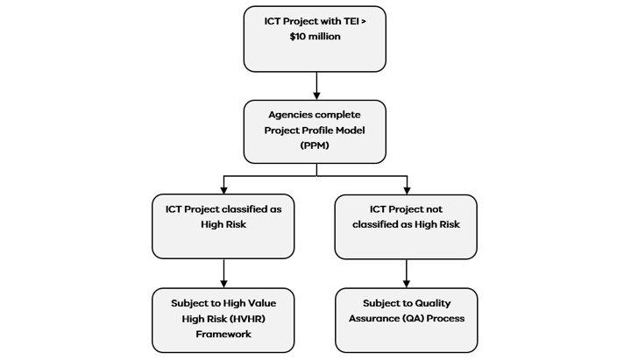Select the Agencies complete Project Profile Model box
point(315,130)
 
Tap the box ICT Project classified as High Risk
point(223,227)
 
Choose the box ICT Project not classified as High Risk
point(406,227)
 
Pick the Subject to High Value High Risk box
point(223,320)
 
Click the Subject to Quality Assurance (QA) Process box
point(406,320)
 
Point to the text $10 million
point(315,37)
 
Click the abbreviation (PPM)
point(315,145)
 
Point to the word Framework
point(224,334)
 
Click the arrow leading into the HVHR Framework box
point(223,281)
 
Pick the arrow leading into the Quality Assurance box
point(406,281)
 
